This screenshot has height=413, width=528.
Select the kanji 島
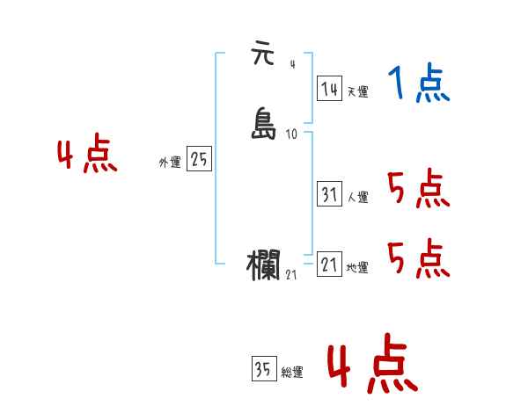265,123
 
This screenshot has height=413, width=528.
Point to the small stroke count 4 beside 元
292,63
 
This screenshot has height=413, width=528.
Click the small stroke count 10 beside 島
292,134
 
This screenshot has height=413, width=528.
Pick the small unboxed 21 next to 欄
292,276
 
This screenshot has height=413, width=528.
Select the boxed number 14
329,89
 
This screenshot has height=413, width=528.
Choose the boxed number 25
200,159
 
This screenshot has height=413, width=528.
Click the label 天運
357,91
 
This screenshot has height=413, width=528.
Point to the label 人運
357,198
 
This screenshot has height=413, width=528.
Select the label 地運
357,268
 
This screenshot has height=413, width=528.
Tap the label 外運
170,163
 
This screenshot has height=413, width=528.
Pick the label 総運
292,373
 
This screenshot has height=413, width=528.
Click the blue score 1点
418,84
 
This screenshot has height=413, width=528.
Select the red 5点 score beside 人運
418,188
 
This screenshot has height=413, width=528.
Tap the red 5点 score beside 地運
418,258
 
